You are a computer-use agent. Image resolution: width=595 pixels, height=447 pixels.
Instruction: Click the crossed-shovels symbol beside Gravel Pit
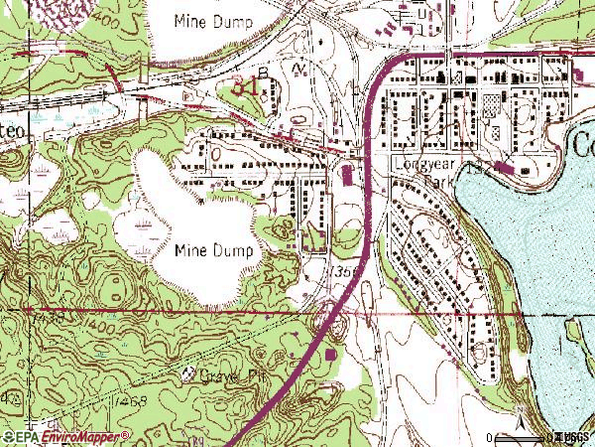[x=189, y=374]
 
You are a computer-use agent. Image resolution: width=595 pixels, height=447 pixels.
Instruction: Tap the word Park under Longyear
[x=437, y=183]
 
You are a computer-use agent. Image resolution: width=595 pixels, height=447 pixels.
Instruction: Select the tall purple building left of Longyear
[x=346, y=176]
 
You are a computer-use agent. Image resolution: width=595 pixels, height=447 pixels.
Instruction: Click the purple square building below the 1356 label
[x=329, y=353]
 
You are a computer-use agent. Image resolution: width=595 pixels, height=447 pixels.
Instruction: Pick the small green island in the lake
[x=573, y=327]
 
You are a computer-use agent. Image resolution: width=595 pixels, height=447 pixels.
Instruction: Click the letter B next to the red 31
[x=263, y=73]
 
